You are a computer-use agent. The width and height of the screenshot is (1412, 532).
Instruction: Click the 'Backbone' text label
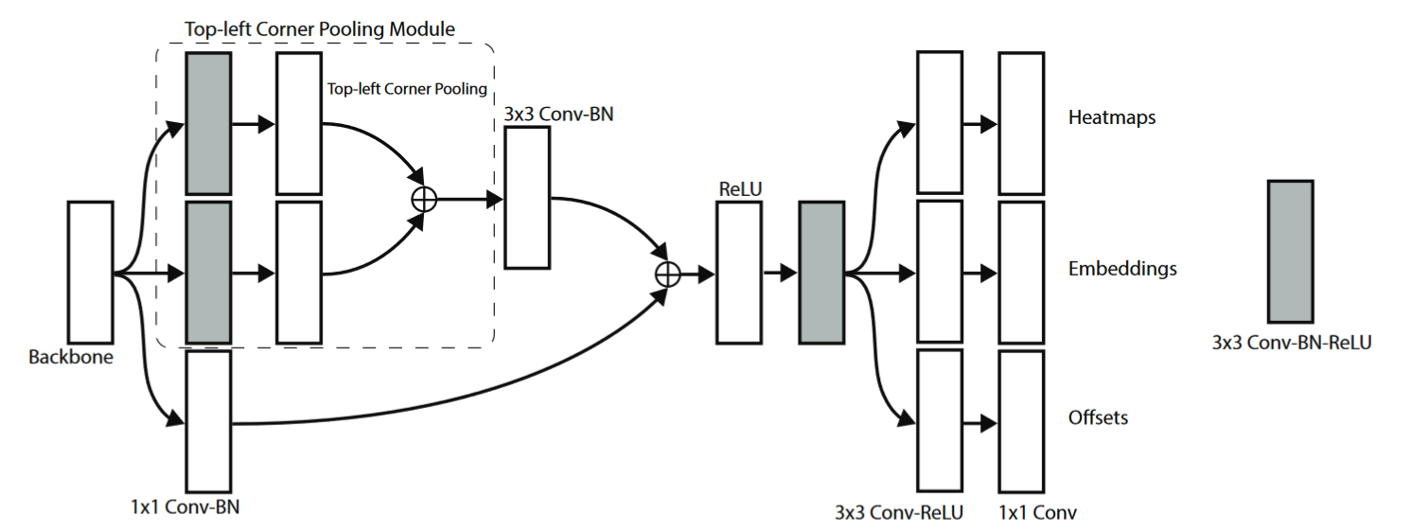(x=71, y=358)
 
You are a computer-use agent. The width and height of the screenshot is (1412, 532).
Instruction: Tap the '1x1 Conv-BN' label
(x=186, y=506)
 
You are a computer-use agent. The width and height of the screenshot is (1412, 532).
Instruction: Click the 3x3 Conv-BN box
(x=527, y=197)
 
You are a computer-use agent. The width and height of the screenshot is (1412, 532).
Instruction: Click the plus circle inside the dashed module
(x=425, y=198)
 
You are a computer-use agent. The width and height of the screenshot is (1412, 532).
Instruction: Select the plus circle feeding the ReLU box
(x=668, y=274)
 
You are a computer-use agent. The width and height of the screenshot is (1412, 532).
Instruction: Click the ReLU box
(x=738, y=274)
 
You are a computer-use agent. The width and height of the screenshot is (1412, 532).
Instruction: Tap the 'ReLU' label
(x=741, y=187)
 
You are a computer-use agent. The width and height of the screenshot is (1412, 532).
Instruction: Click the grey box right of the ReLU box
(x=821, y=274)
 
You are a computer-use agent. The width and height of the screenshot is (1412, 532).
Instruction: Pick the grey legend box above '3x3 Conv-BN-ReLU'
(x=1290, y=252)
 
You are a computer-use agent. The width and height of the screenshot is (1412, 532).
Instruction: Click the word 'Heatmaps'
(x=1111, y=118)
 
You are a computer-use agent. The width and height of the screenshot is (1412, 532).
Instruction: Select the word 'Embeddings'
(x=1122, y=269)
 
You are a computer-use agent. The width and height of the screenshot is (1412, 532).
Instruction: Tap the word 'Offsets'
(x=1098, y=417)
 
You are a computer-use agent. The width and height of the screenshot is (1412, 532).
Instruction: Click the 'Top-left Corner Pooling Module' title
(x=320, y=29)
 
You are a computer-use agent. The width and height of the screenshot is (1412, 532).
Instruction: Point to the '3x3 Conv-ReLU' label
(x=898, y=513)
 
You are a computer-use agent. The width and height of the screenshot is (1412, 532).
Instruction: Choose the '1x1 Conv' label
(x=1038, y=513)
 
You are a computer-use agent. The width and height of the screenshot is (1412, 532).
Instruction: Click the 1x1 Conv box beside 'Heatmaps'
(x=1021, y=123)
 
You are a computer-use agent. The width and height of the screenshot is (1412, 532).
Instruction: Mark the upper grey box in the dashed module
(x=209, y=123)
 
